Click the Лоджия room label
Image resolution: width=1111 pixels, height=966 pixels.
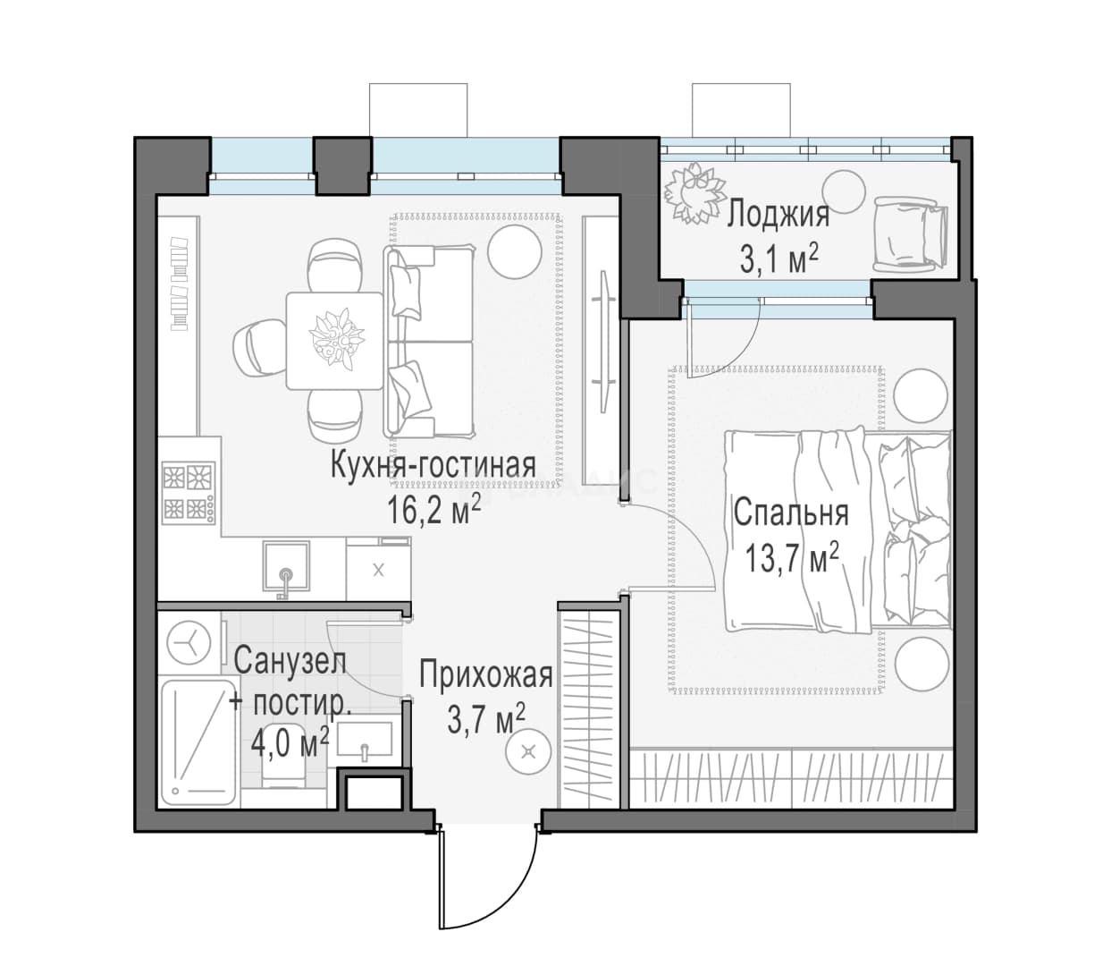[x=779, y=215]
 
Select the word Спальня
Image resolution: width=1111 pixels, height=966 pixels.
[x=791, y=514]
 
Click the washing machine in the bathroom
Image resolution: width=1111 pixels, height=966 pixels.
[x=189, y=643]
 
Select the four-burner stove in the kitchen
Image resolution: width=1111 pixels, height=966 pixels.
[x=189, y=492]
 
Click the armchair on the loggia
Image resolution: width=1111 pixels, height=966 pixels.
[x=910, y=234]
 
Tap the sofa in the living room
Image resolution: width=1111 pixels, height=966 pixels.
[x=429, y=341]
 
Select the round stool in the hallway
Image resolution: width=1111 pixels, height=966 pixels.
[x=528, y=753]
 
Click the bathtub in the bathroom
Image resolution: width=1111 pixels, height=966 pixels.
[x=199, y=741]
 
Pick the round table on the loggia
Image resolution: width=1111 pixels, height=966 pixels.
[x=843, y=191]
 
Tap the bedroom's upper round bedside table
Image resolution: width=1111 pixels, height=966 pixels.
[x=921, y=395]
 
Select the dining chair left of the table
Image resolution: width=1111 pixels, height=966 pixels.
[x=259, y=351]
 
